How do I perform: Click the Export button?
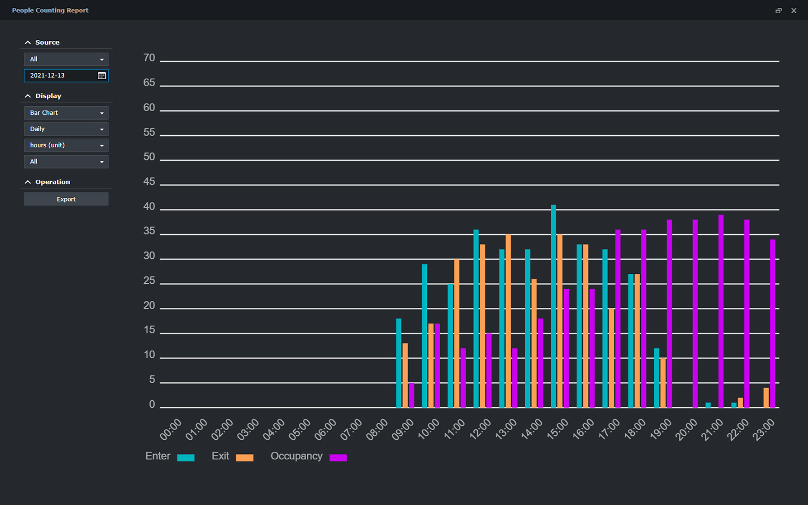[66, 199]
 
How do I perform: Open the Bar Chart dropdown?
[66, 113]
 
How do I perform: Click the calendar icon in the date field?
[102, 75]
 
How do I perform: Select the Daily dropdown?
[66, 129]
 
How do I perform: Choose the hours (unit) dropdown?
[66, 145]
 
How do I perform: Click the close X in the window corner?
[794, 11]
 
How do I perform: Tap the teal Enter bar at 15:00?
[553, 306]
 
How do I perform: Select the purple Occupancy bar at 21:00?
[721, 311]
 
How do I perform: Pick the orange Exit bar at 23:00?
[766, 398]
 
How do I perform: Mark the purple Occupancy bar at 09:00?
[411, 395]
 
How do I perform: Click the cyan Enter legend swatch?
[186, 458]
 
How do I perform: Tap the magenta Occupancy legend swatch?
[338, 458]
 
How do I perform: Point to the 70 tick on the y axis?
[149, 58]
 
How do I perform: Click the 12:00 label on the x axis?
[481, 429]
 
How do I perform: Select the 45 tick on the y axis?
[149, 182]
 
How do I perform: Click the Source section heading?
[47, 43]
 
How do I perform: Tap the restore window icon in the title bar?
[778, 11]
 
